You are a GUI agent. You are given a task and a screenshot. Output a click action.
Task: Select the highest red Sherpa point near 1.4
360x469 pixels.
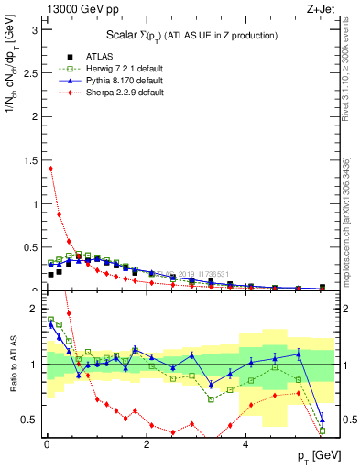tap(50, 168)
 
